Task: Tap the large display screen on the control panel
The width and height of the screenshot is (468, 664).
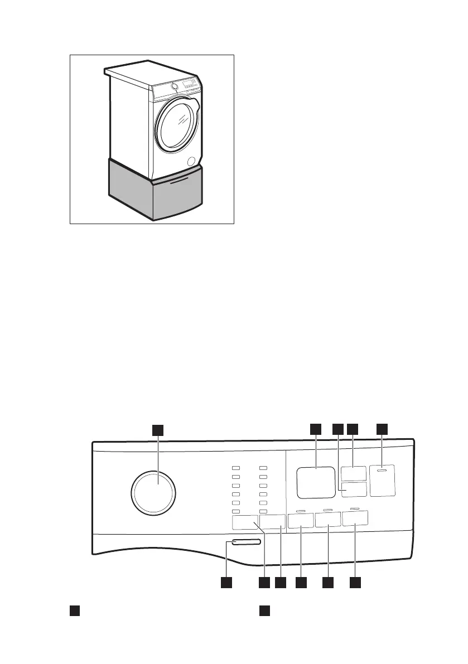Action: pos(316,482)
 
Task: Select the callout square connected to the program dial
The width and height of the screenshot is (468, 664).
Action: pos(158,429)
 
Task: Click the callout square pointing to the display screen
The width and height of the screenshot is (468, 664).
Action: pos(316,429)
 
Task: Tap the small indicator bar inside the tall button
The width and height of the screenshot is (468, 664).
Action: pos(382,471)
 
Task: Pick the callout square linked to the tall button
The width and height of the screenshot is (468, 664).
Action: pos(382,429)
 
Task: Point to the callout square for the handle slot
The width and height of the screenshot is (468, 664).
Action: pos(226,583)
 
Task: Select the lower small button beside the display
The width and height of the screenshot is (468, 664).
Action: pos(354,489)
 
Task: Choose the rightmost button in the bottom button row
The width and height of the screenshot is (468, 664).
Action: pos(356,520)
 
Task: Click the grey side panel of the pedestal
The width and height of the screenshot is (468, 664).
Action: pos(129,187)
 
